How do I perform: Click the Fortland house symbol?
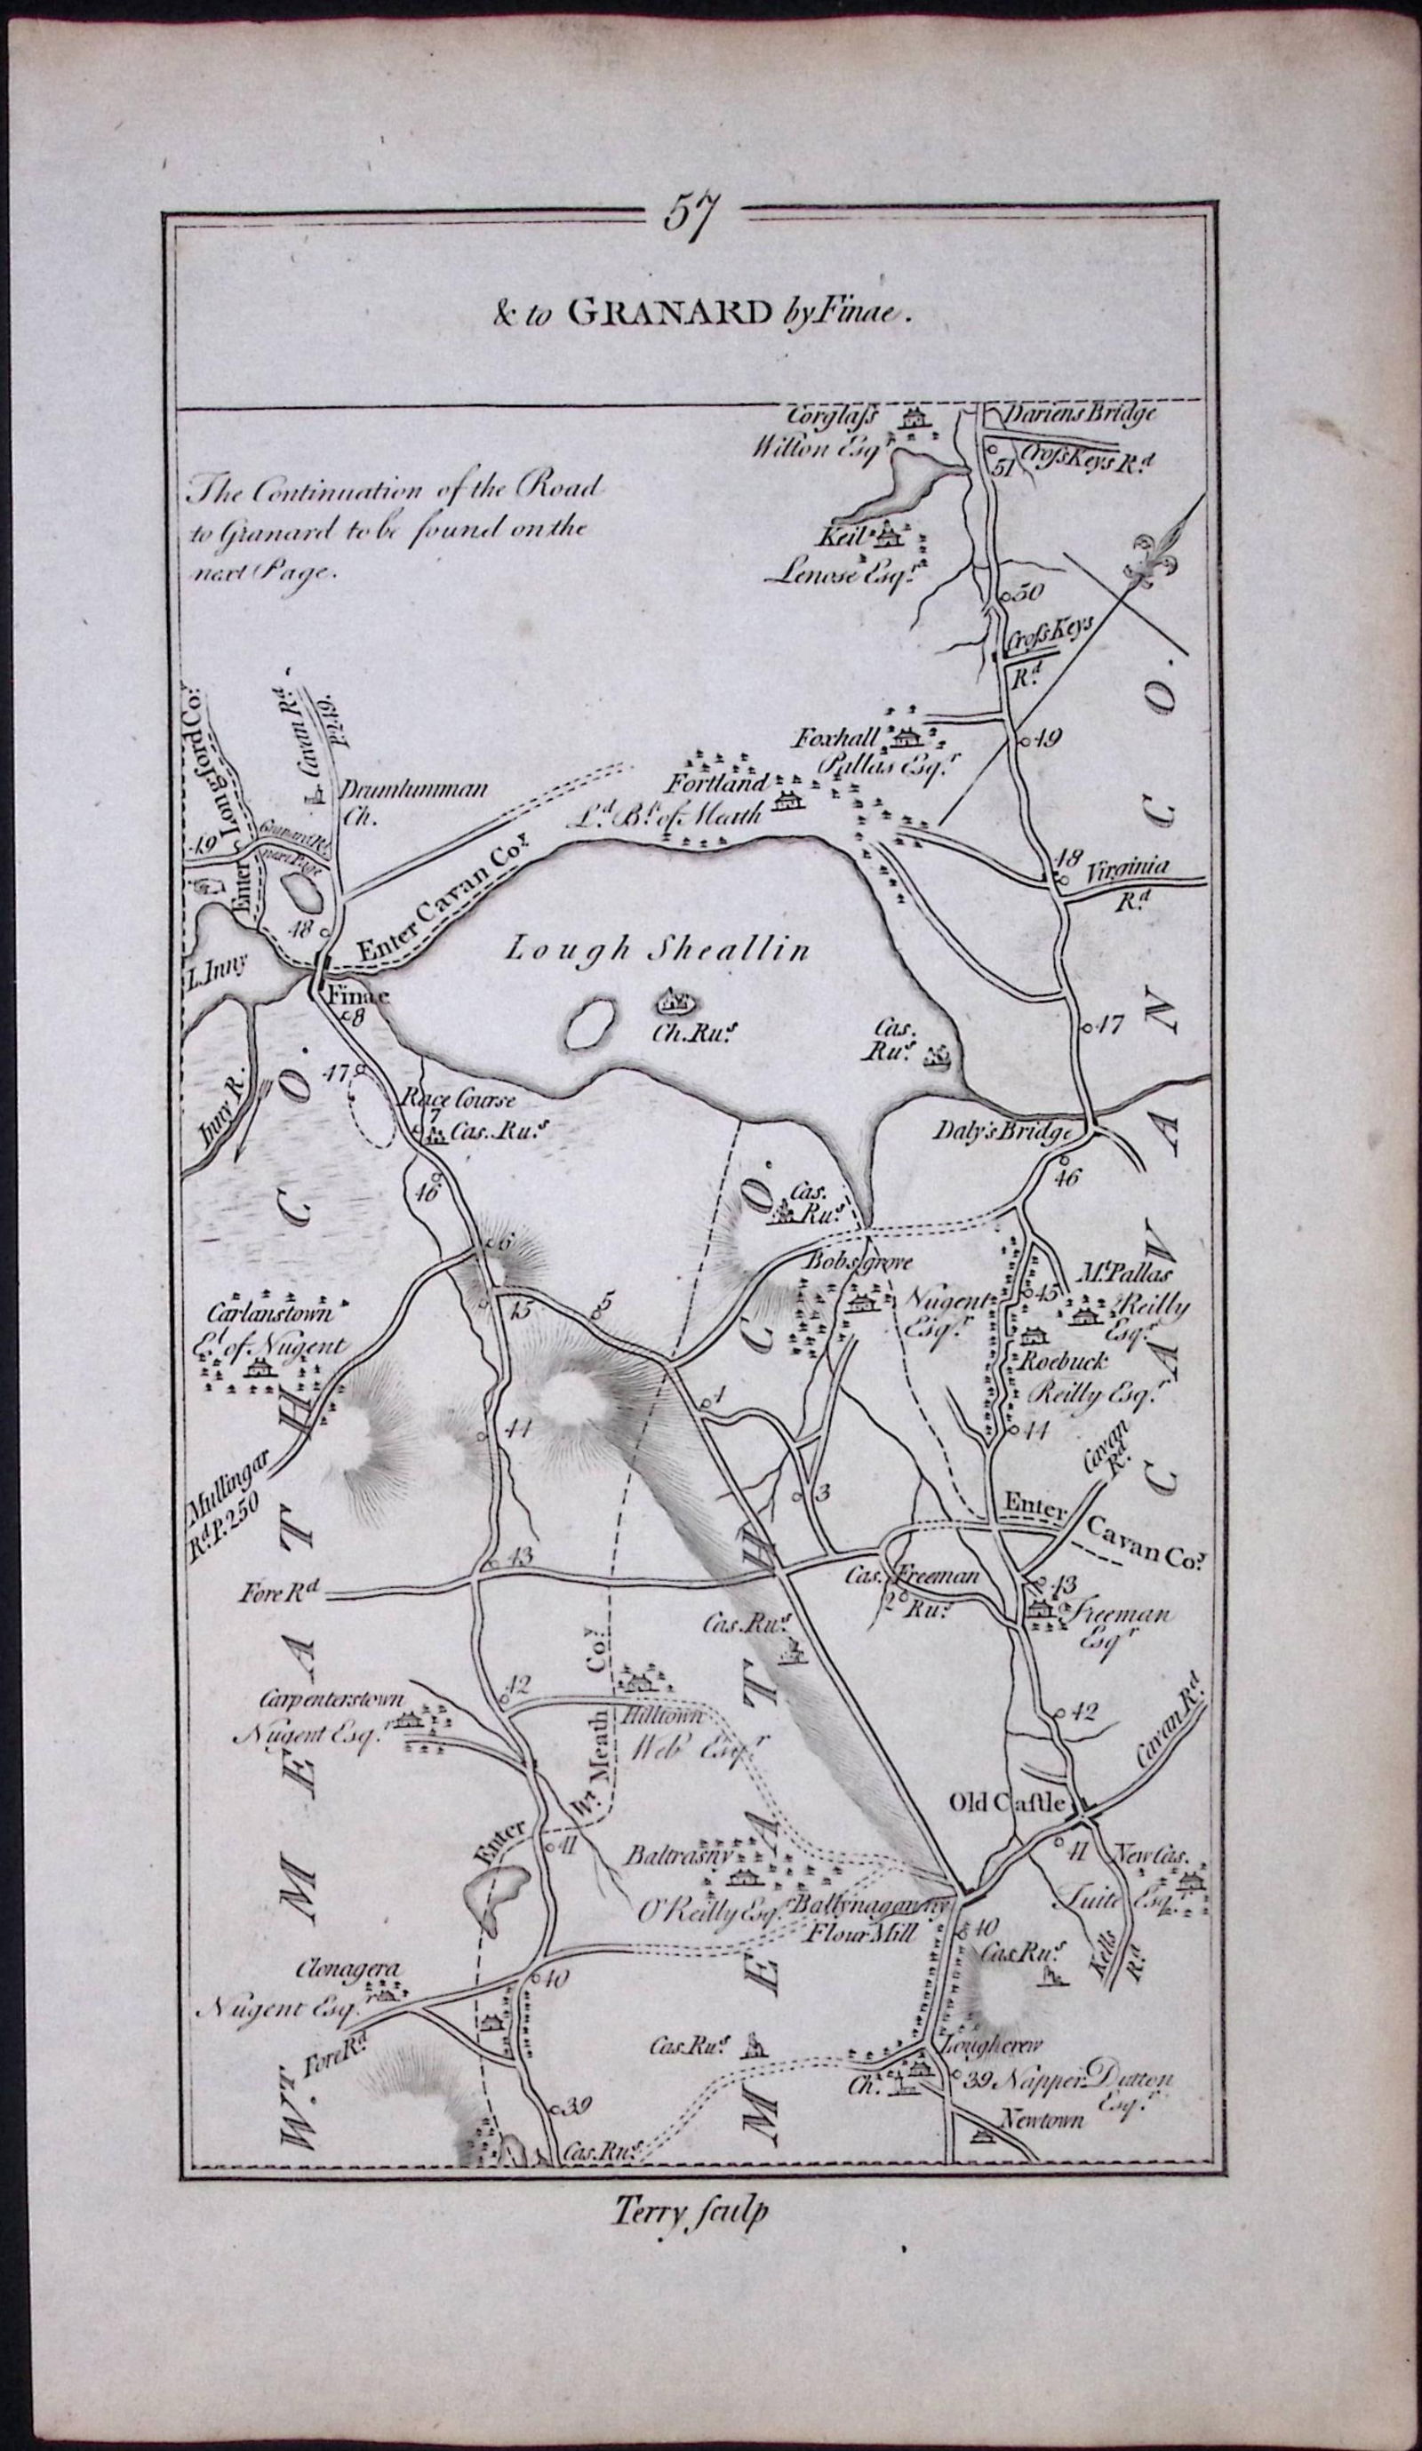coord(786,801)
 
